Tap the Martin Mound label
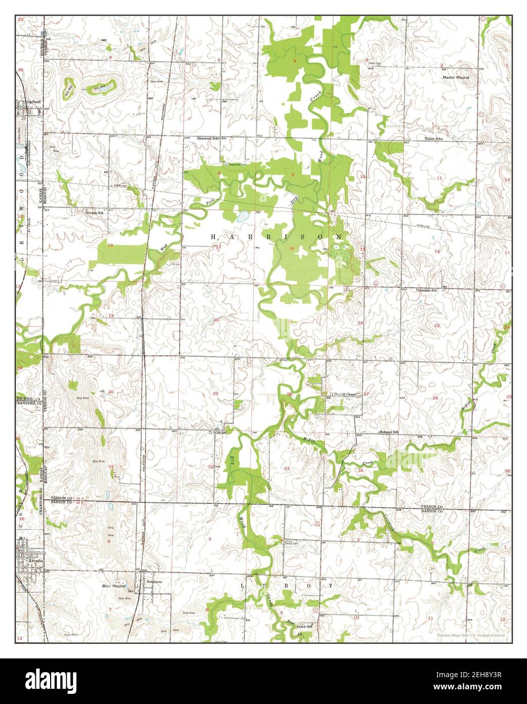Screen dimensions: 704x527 click(x=456, y=77)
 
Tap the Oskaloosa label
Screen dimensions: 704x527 click(x=153, y=582)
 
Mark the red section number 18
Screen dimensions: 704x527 click(x=110, y=245)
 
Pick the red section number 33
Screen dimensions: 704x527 click(x=287, y=468)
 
